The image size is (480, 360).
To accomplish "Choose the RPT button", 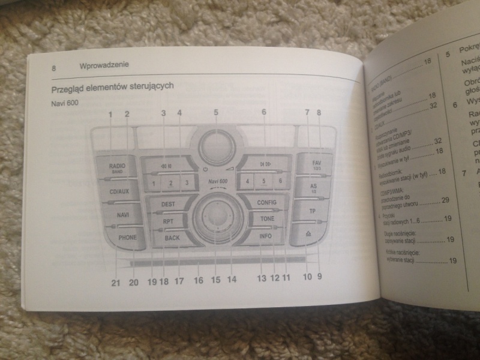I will (169, 222).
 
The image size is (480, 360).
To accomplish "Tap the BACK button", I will (172, 238).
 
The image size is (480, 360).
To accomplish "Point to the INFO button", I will (265, 236).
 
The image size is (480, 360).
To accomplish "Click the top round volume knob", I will (215, 145).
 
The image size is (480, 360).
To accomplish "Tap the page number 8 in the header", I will (53, 68).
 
